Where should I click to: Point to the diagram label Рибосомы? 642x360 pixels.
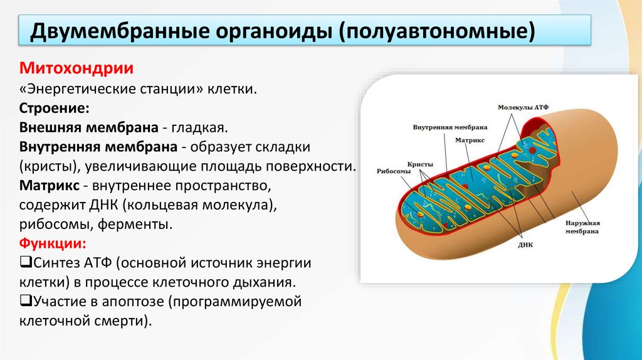tap(394, 171)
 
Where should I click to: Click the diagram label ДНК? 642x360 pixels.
tap(525, 245)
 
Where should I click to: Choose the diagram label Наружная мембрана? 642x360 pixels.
tap(582, 226)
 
